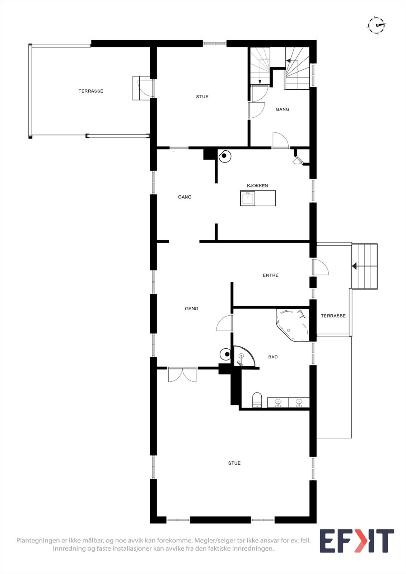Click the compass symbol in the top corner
click(x=376, y=25)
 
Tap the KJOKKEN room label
click(x=257, y=185)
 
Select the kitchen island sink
click(x=248, y=198)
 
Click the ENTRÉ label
click(x=270, y=275)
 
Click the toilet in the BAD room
click(x=257, y=400)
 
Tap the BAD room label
click(x=273, y=357)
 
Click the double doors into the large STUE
click(x=182, y=374)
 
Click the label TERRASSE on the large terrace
click(x=91, y=91)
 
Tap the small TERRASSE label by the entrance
click(x=333, y=316)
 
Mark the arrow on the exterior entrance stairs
click(x=354, y=266)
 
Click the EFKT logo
click(x=356, y=541)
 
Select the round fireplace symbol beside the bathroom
click(x=226, y=354)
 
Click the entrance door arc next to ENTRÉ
click(x=321, y=267)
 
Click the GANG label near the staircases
click(x=282, y=109)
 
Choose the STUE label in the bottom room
click(x=234, y=463)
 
